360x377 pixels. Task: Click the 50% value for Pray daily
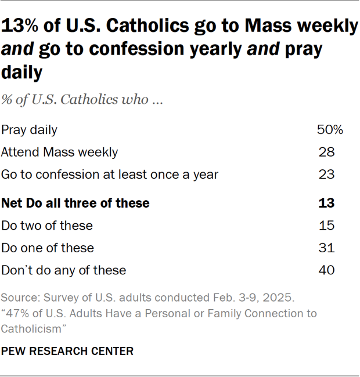coord(330,130)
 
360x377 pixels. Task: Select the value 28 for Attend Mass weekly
coord(327,153)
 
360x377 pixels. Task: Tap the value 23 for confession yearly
coord(327,175)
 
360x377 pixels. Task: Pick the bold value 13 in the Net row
coord(327,204)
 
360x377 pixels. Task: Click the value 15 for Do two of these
coord(327,226)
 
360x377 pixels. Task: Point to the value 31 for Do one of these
coord(327,248)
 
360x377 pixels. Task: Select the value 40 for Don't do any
coord(327,270)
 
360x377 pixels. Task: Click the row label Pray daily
coord(29,130)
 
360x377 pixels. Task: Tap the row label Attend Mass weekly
coord(59,153)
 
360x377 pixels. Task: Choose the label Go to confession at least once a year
coord(110,175)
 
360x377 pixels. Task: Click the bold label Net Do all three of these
coord(75,204)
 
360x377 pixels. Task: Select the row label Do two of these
coord(47,226)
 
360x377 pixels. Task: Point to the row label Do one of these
coord(48,248)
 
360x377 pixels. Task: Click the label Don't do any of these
coord(64,270)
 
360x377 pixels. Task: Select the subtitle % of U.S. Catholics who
coord(81,99)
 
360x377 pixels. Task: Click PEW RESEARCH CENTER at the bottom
coord(67,351)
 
